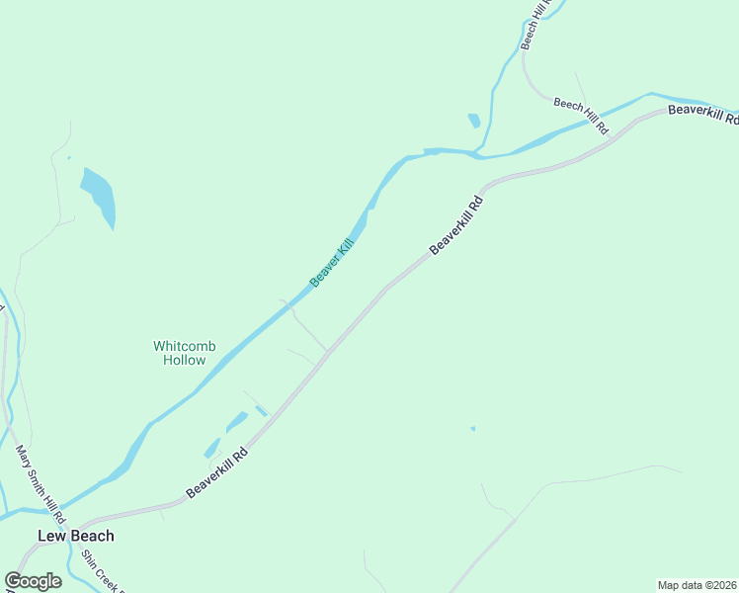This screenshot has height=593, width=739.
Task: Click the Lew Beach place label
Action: pos(76,536)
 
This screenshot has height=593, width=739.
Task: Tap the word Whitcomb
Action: pos(184,346)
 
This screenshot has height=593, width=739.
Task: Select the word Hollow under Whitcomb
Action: pos(184,360)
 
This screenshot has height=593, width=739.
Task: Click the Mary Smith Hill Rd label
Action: pos(41,484)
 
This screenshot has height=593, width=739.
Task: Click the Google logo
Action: pos(33,581)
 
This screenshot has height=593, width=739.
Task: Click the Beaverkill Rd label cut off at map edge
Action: pos(702,114)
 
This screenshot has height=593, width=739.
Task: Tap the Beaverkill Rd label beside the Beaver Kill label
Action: pos(456,223)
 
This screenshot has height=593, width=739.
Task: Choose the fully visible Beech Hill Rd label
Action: pos(581,116)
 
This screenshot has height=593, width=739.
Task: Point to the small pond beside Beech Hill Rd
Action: pos(474,121)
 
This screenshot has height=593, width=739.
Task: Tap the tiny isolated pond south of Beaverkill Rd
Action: pos(472,428)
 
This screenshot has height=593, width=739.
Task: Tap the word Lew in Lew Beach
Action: pos(50,536)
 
